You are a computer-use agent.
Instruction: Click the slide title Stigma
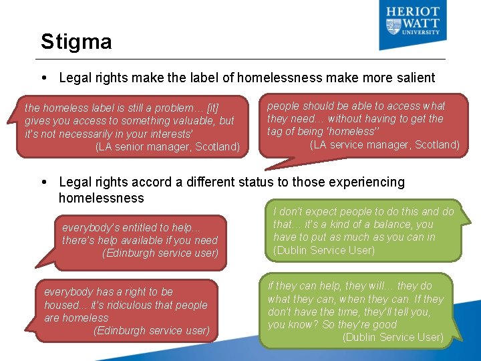pos(75,42)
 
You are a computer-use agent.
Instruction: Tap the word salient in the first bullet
pos(414,78)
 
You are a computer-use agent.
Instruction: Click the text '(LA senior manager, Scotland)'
pos(167,147)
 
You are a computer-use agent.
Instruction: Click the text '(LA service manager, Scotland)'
pos(385,144)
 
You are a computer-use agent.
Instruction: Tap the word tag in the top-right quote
pos(276,132)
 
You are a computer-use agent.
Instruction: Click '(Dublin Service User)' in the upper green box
pos(323,251)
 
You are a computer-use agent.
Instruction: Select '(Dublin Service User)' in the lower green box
pos(393,337)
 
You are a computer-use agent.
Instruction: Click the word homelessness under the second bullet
pos(101,198)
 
